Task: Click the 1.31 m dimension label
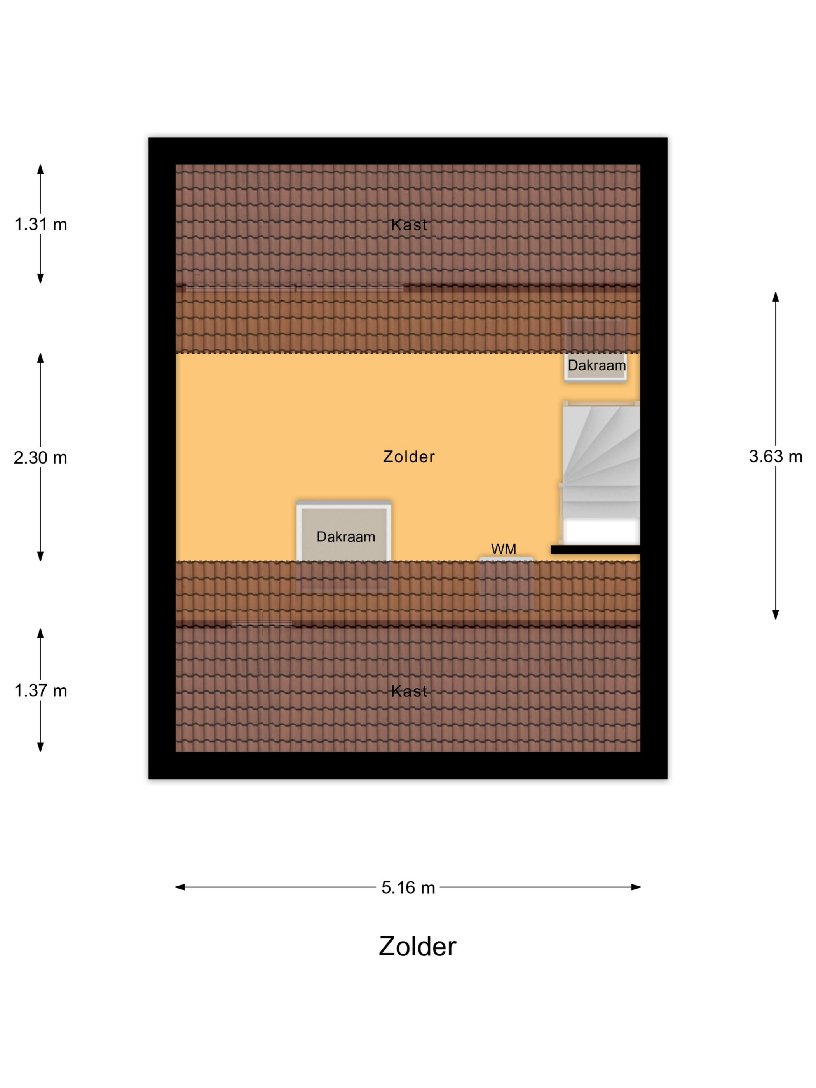pyautogui.click(x=41, y=225)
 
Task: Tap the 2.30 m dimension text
pyautogui.click(x=40, y=458)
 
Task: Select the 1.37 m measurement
pyautogui.click(x=41, y=691)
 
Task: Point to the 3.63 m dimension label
pyautogui.click(x=776, y=457)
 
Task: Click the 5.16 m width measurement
pyautogui.click(x=408, y=888)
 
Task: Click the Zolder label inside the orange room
pyautogui.click(x=409, y=457)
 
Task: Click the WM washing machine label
pyautogui.click(x=504, y=549)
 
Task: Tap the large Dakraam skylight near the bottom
pyautogui.click(x=344, y=532)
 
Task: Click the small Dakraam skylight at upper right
pyautogui.click(x=596, y=366)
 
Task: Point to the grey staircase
pyautogui.click(x=601, y=460)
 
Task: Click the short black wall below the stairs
pyautogui.click(x=595, y=549)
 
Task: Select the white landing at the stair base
pyautogui.click(x=601, y=531)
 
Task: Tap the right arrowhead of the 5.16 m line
pyautogui.click(x=636, y=887)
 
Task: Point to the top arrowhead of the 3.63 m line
pyautogui.click(x=776, y=296)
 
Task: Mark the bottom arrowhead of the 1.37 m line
pyautogui.click(x=41, y=747)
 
